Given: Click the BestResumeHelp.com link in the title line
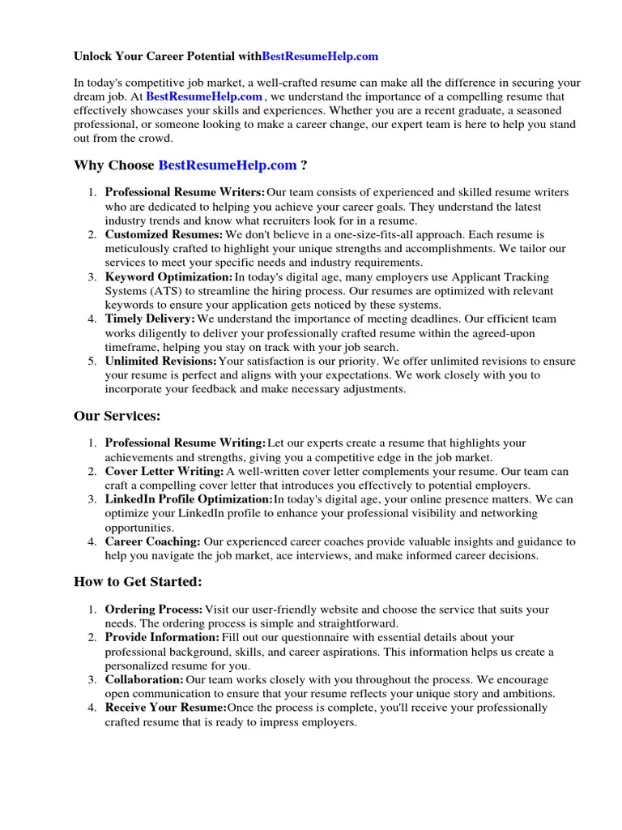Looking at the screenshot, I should pos(320,57).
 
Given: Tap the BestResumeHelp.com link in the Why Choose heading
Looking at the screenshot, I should pos(228,165).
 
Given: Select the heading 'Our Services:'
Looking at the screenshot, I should pos(117,416).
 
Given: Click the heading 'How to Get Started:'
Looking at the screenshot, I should pos(138,581).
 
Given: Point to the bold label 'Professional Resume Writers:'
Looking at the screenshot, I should pos(185,193).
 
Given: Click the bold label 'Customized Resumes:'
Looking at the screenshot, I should pos(164,235).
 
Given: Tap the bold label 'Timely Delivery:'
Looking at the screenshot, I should pos(150,319).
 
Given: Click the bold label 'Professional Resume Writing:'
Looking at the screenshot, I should pos(185,443).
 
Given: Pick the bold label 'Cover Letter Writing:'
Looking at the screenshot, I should pos(164,472).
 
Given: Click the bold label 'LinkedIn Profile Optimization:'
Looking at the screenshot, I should pos(189,499).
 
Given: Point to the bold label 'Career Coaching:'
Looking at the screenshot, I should pos(153,541).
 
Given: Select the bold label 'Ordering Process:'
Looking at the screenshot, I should pos(154,610).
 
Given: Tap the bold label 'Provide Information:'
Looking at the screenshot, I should pos(162,638).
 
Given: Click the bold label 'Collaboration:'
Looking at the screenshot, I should pos(144,680).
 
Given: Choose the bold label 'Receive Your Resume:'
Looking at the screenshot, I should pos(165,708).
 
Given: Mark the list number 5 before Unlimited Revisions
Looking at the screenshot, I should pos(92,362).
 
